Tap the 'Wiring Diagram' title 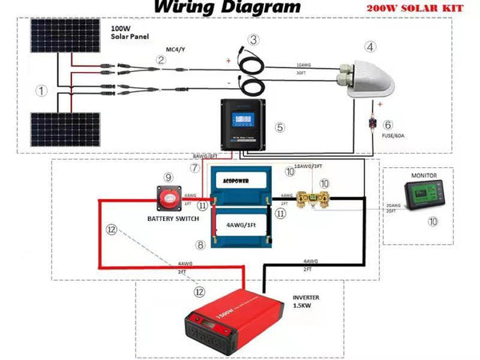227,7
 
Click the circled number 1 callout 40,90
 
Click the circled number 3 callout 254,40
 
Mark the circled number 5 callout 279,127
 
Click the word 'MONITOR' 424,174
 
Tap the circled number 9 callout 168,177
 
